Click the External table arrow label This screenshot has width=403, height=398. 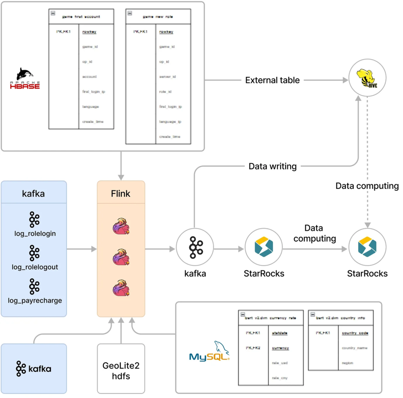point(272,80)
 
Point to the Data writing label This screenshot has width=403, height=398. point(272,166)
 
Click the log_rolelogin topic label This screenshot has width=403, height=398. point(34,234)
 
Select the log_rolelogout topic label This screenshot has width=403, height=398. point(34,267)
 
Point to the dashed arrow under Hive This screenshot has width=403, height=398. point(368,161)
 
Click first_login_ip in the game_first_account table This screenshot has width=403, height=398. point(93,91)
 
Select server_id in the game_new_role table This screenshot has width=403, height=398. point(168,77)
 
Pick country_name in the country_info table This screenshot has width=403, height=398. point(354,348)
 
